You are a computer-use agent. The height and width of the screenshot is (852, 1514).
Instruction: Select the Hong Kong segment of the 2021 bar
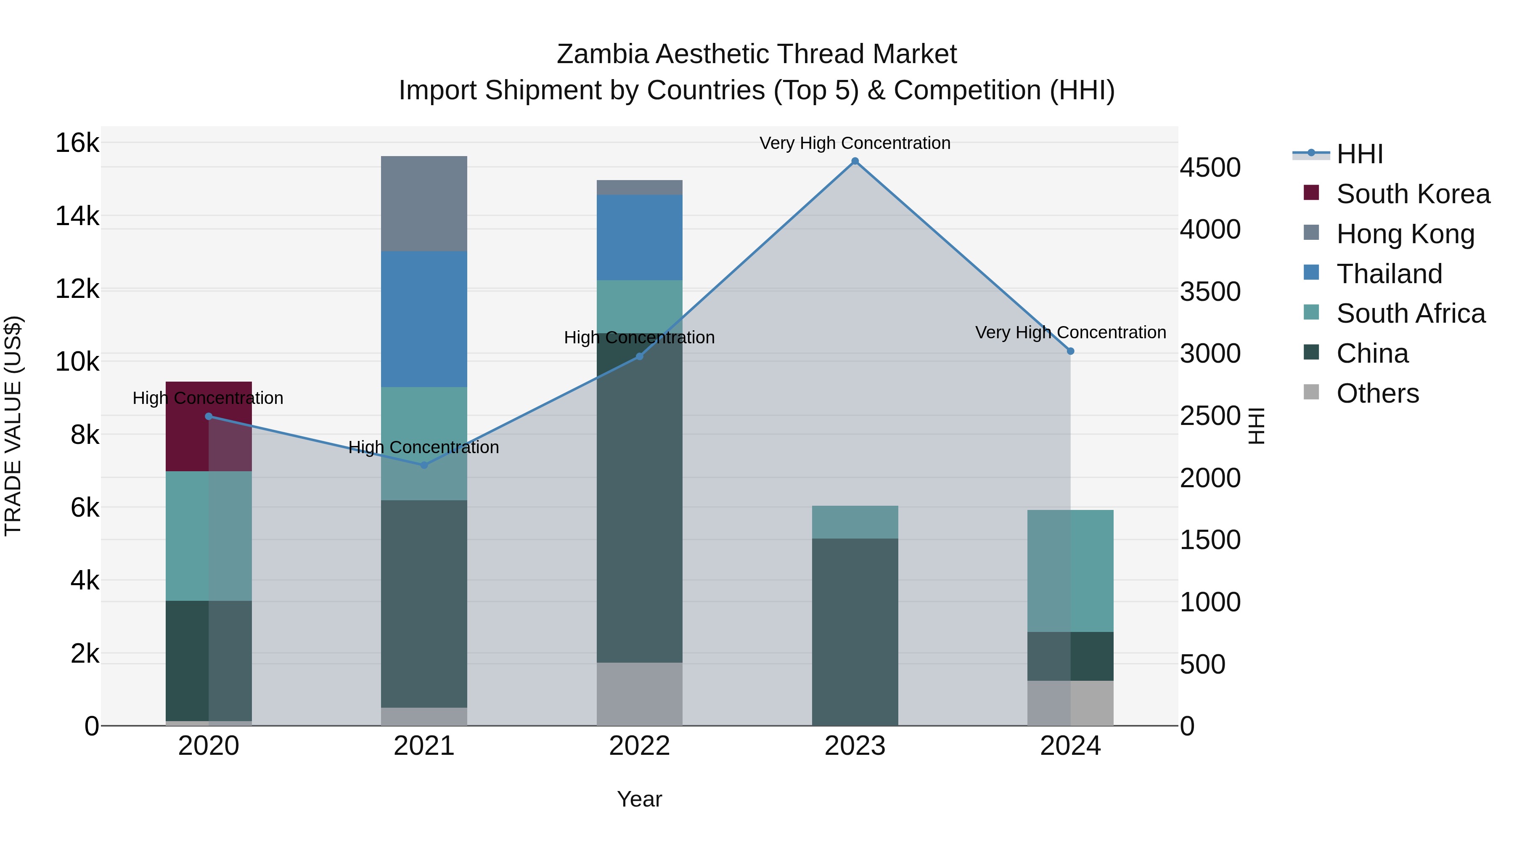(424, 204)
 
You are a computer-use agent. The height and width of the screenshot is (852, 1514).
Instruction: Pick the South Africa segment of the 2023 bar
(855, 522)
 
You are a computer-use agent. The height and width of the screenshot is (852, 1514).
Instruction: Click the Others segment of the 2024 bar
(1070, 703)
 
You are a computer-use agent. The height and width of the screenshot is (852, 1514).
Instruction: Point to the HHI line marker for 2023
(855, 161)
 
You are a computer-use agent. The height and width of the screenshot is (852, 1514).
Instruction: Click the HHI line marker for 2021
(424, 465)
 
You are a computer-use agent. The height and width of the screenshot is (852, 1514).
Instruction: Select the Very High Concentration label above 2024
(1070, 333)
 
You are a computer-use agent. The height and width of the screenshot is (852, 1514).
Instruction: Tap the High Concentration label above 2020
(208, 398)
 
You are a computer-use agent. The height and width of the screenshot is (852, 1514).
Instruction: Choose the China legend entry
(1372, 354)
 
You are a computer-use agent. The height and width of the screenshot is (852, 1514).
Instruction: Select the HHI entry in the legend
(1359, 154)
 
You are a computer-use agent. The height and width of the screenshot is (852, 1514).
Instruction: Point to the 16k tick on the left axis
(77, 143)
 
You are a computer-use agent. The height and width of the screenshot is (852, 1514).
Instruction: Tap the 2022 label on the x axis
(639, 746)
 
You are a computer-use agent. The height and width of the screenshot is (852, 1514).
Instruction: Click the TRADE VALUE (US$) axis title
(13, 426)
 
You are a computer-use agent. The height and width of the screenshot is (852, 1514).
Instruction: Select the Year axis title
(639, 799)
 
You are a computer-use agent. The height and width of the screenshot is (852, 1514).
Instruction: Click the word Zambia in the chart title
(602, 54)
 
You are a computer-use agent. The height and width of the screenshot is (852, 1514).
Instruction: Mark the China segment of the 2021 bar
(424, 603)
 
